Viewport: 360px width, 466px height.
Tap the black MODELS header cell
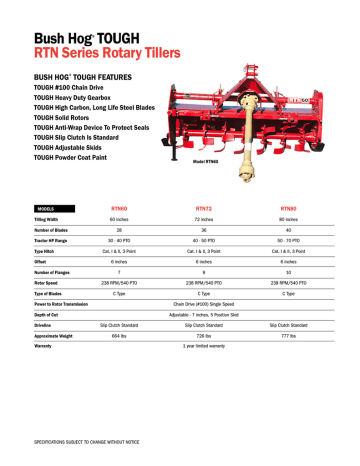[50, 208]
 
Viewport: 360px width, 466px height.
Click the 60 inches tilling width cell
[119, 219]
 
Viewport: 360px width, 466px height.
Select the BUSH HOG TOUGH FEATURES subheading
[87, 76]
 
